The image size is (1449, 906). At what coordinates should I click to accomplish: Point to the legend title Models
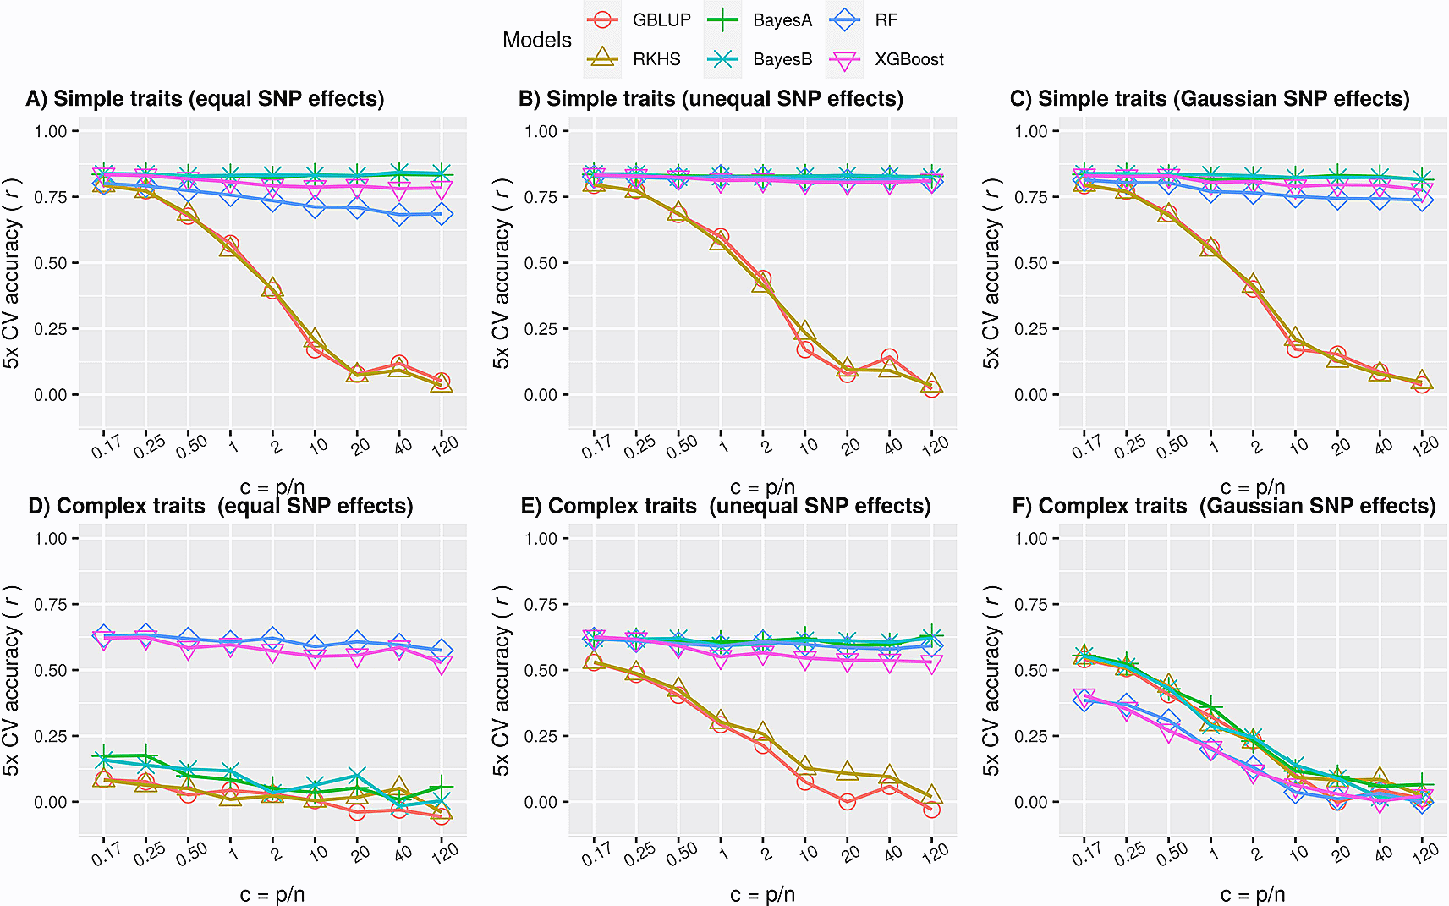click(x=537, y=40)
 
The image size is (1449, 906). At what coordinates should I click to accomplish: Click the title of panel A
click(x=206, y=99)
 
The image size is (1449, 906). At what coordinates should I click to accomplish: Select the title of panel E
click(x=725, y=506)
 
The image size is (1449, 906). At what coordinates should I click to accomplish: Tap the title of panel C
click(x=1210, y=99)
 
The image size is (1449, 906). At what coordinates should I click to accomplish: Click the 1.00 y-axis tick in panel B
click(x=541, y=131)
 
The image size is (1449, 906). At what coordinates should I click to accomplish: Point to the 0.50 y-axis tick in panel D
click(x=51, y=670)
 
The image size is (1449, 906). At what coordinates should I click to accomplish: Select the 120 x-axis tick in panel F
click(x=1424, y=853)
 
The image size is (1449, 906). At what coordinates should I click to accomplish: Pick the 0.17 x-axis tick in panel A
click(x=107, y=446)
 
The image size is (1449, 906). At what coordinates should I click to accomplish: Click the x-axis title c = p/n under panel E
click(x=762, y=894)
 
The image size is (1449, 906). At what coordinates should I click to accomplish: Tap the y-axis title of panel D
click(x=11, y=680)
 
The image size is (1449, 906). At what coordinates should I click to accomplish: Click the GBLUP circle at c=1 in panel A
click(x=230, y=244)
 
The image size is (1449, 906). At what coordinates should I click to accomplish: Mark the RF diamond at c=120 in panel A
click(x=442, y=214)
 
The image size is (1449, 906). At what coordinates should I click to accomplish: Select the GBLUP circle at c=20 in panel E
click(x=848, y=801)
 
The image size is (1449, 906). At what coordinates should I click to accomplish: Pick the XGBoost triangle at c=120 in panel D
click(x=442, y=664)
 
